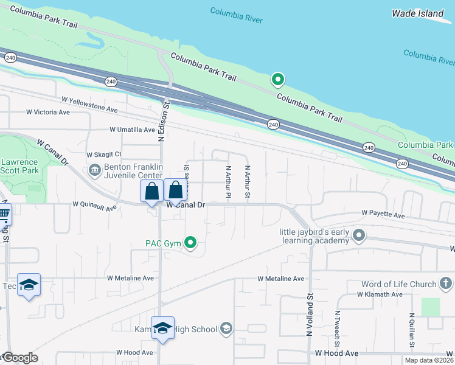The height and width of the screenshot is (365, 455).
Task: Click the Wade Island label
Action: tap(418, 13)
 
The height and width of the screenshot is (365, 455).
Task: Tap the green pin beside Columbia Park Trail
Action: tap(278, 79)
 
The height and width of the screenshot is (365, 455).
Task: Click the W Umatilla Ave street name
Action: tap(132, 130)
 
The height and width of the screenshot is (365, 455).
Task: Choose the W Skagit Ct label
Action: tap(104, 155)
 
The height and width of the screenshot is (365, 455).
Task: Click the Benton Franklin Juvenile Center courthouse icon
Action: tap(95, 170)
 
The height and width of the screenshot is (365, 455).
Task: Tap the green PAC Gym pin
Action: tap(190, 243)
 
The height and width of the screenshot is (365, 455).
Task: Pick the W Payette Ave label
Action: tap(383, 215)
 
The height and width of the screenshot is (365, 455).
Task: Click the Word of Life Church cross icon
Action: tap(445, 283)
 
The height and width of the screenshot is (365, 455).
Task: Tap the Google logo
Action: tap(20, 358)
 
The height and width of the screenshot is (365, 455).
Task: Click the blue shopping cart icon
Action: tap(4, 214)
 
